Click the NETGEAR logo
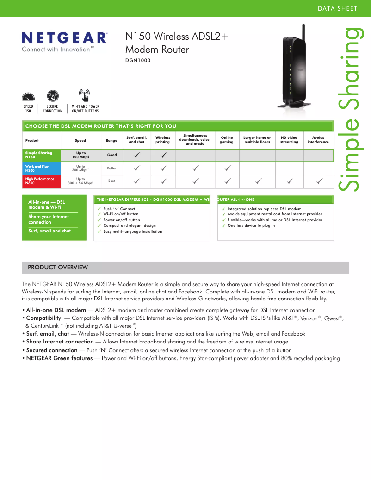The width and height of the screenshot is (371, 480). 65,37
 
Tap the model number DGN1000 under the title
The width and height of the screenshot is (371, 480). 138,60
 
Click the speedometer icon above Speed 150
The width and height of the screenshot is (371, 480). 28,97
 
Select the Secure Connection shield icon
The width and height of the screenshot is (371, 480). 52,96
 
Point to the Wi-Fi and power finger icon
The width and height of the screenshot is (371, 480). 84,95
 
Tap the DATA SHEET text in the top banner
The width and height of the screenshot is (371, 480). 337,9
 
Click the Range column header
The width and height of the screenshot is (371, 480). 111,140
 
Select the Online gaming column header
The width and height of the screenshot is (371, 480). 227,140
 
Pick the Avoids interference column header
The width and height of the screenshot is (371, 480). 318,140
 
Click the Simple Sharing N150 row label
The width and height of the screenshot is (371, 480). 39,155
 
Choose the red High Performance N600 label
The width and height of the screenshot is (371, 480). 40,181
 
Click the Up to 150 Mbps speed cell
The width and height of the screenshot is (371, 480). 80,155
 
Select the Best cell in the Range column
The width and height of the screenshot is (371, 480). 111,181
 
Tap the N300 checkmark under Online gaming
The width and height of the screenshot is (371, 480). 227,168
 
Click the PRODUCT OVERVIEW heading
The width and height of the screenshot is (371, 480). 58,268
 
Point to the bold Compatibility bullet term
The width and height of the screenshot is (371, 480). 43,318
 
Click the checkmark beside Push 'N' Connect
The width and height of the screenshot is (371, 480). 99,209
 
